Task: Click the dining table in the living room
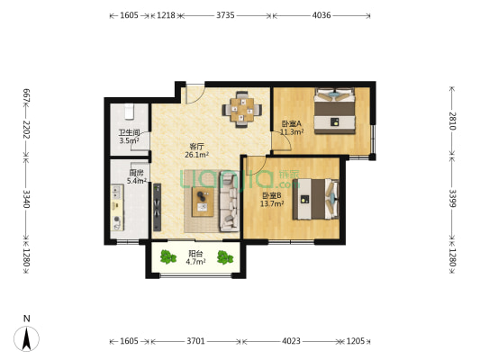pos(242,110)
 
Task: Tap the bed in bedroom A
pos(335,111)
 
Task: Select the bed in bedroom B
pos(315,199)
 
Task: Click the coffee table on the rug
pos(203,202)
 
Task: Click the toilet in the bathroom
pos(129,112)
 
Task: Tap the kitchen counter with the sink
pos(117,207)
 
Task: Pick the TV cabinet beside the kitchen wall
pos(157,207)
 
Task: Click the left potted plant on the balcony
pos(168,256)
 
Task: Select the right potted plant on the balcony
pos(225,257)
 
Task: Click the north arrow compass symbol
pos(27,338)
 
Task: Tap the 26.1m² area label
pos(196,155)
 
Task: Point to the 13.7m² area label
pos(272,203)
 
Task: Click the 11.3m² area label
pos(292,131)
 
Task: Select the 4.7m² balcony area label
pos(195,262)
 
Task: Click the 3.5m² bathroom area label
pos(129,140)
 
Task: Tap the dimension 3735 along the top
pos(225,15)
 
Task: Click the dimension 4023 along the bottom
pos(291,341)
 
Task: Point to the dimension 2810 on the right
pos(452,121)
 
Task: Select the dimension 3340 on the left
pos(27,199)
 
